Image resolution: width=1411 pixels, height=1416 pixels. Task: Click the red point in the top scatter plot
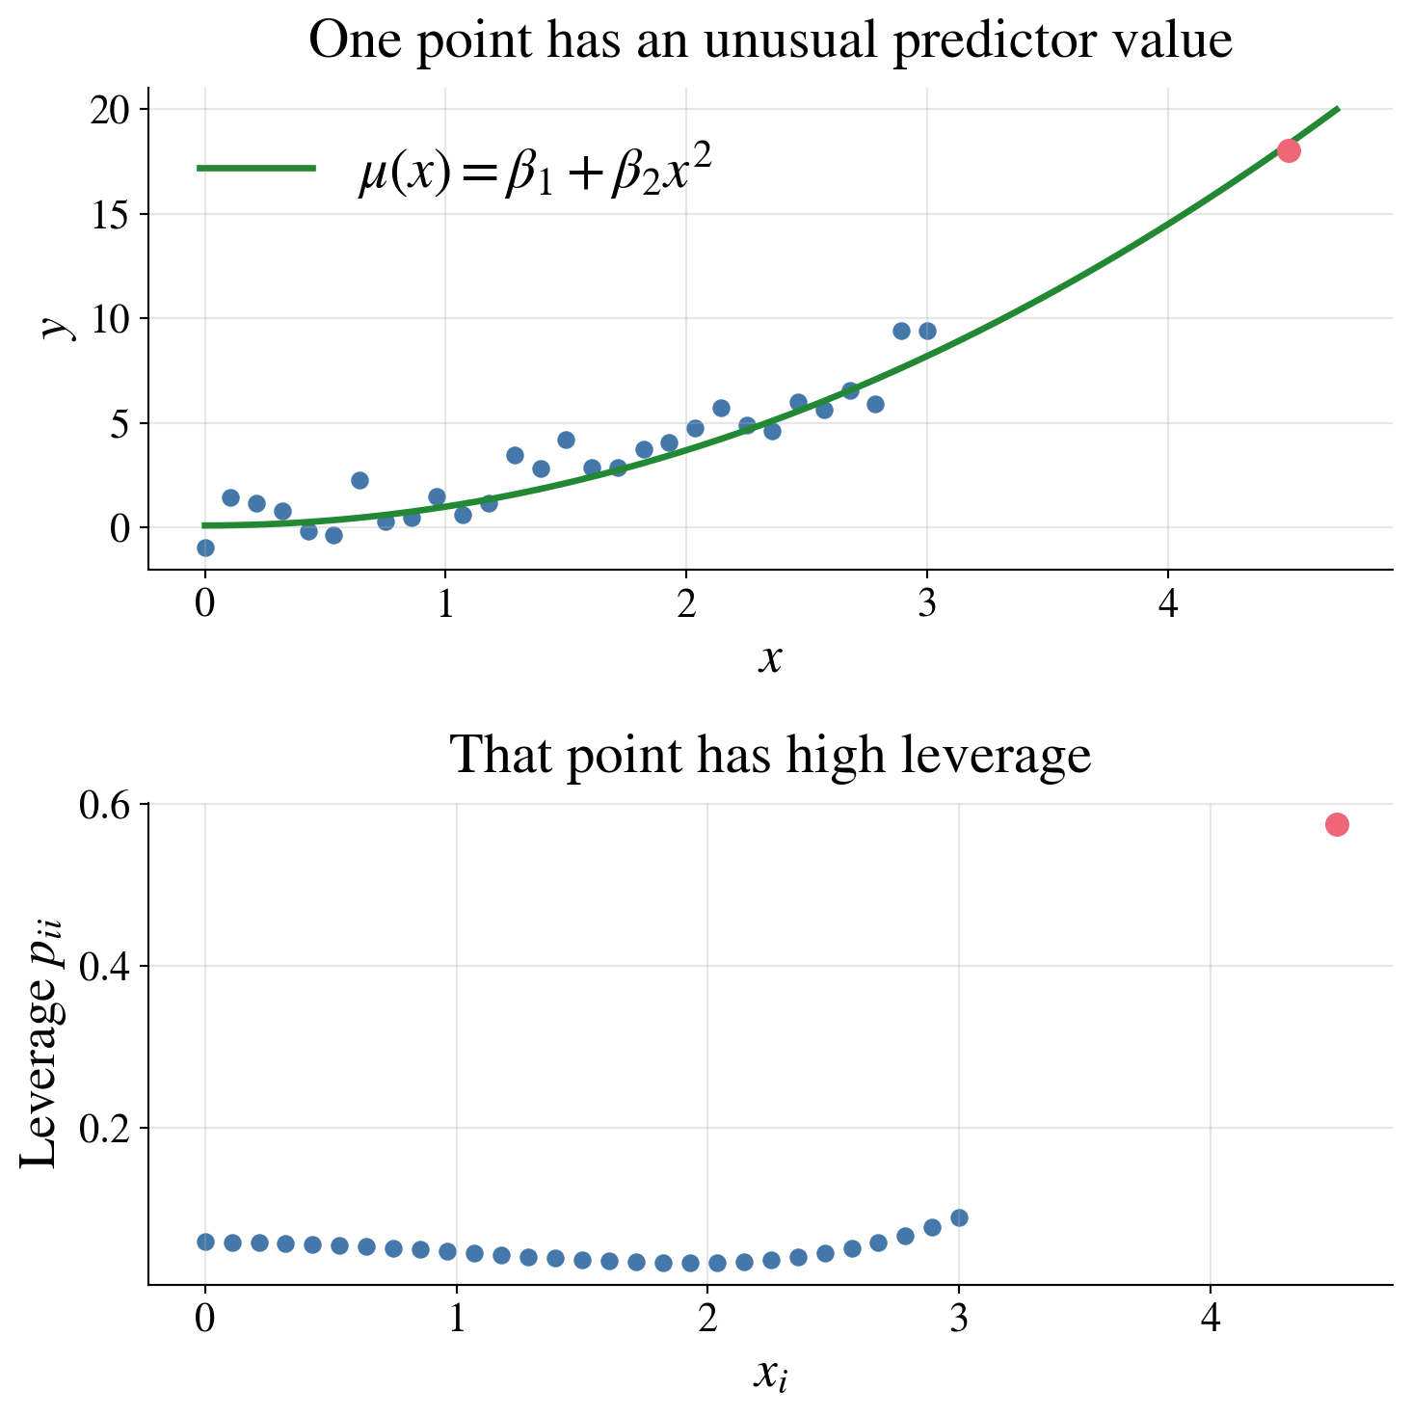coord(1289,150)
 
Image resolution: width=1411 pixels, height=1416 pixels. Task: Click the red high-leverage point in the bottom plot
coord(1336,824)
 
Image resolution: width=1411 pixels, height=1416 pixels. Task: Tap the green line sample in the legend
coord(256,168)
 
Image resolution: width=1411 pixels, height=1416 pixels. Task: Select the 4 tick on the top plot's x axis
coord(1168,605)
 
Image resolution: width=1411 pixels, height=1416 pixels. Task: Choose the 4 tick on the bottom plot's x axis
coord(1211,1318)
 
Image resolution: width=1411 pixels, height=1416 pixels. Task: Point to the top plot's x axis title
coord(769,659)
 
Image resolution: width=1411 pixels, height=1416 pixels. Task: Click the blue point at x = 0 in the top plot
coord(205,548)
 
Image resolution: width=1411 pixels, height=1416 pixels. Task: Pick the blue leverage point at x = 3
coord(959,1217)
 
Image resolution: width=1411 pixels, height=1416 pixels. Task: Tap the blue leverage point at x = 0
coord(205,1242)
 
